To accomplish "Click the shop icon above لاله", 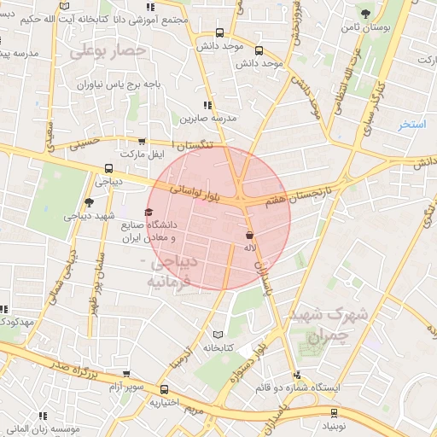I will (249, 234).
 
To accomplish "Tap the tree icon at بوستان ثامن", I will (366, 14).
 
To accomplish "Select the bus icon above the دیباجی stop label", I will (108, 168).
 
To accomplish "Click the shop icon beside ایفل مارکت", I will (141, 143).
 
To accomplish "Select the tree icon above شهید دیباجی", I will (90, 202).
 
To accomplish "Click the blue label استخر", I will (412, 125).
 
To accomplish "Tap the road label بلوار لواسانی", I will (195, 189).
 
